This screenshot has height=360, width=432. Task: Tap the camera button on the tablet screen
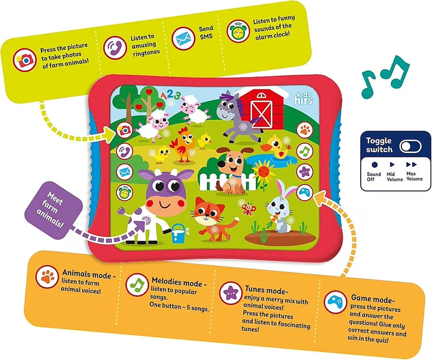click(x=125, y=130)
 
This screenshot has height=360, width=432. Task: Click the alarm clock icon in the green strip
click(x=238, y=31)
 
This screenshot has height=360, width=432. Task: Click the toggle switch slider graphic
click(x=410, y=146)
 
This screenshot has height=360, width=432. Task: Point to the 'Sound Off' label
click(x=374, y=176)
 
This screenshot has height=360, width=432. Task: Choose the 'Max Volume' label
click(x=414, y=176)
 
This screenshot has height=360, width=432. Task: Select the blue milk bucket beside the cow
click(x=179, y=233)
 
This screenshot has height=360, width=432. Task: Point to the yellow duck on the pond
click(x=277, y=146)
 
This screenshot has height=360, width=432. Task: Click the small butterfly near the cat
click(x=248, y=209)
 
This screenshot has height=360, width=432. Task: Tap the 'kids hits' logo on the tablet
click(x=304, y=98)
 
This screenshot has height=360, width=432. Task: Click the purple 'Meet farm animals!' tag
click(x=53, y=210)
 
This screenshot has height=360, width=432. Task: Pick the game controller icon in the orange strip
click(x=335, y=302)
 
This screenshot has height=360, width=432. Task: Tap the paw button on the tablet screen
click(x=305, y=130)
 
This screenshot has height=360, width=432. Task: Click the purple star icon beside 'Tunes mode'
click(x=231, y=293)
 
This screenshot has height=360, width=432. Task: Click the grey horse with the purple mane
click(x=237, y=116)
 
